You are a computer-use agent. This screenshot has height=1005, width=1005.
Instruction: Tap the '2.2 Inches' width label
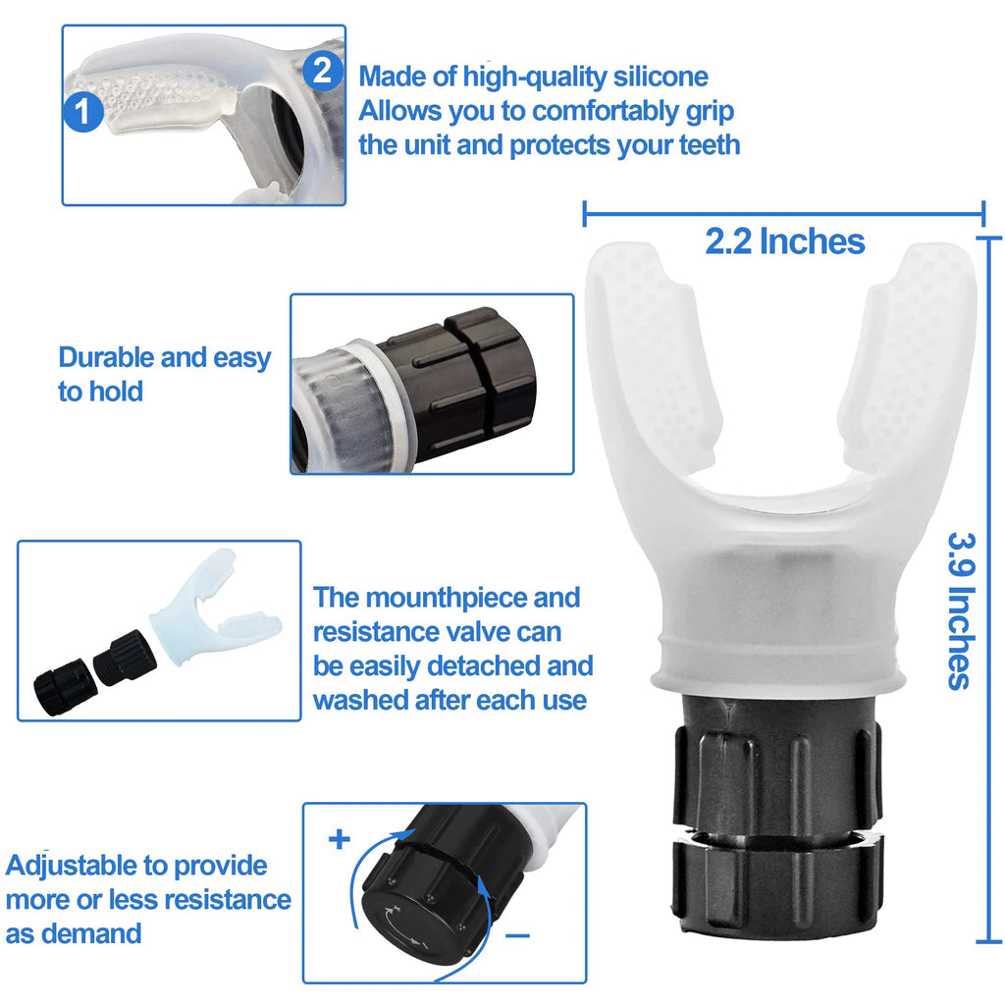[x=784, y=241]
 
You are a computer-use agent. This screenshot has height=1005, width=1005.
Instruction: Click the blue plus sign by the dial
[x=340, y=840]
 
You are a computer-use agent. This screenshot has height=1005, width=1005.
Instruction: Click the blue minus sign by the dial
[x=518, y=935]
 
